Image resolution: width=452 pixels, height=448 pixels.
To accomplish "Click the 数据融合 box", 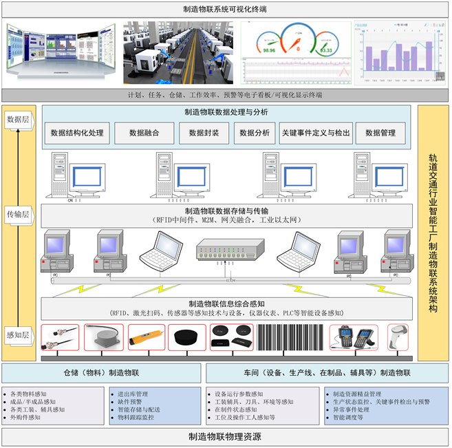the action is pos(144,133).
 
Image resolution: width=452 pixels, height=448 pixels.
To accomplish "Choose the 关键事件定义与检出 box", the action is pos(316,133).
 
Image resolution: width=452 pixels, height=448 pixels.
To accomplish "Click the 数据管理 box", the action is pos(380,133).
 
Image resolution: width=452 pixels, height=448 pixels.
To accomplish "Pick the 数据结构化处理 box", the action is pos(77,133).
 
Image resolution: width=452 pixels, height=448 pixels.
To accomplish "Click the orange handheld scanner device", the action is pos(147,339).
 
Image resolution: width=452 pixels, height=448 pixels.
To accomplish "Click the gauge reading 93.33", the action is pos(325,50).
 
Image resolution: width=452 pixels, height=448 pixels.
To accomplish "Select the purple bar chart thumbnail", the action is pos(395,52).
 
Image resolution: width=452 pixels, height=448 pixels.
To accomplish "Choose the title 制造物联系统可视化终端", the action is pos(225,10).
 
